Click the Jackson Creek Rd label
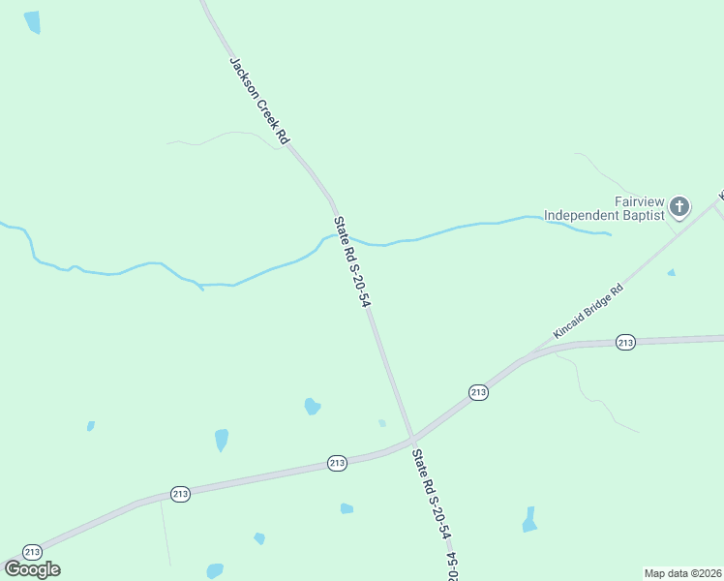click(x=259, y=102)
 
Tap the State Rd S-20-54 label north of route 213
click(x=352, y=262)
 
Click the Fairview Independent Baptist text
click(x=604, y=208)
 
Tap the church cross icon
click(x=679, y=205)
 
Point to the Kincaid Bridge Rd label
click(x=588, y=312)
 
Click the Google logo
click(x=32, y=569)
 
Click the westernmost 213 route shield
click(x=32, y=552)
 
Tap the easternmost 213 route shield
click(x=625, y=342)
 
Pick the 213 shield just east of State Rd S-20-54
click(x=478, y=392)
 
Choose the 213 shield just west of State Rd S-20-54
click(x=337, y=463)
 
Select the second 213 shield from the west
click(x=180, y=494)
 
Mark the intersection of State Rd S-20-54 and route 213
click(x=412, y=441)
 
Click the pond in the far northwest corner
click(x=33, y=22)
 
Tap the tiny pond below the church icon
click(x=671, y=273)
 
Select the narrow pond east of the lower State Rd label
click(x=529, y=520)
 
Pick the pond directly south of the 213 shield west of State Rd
click(x=347, y=508)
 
